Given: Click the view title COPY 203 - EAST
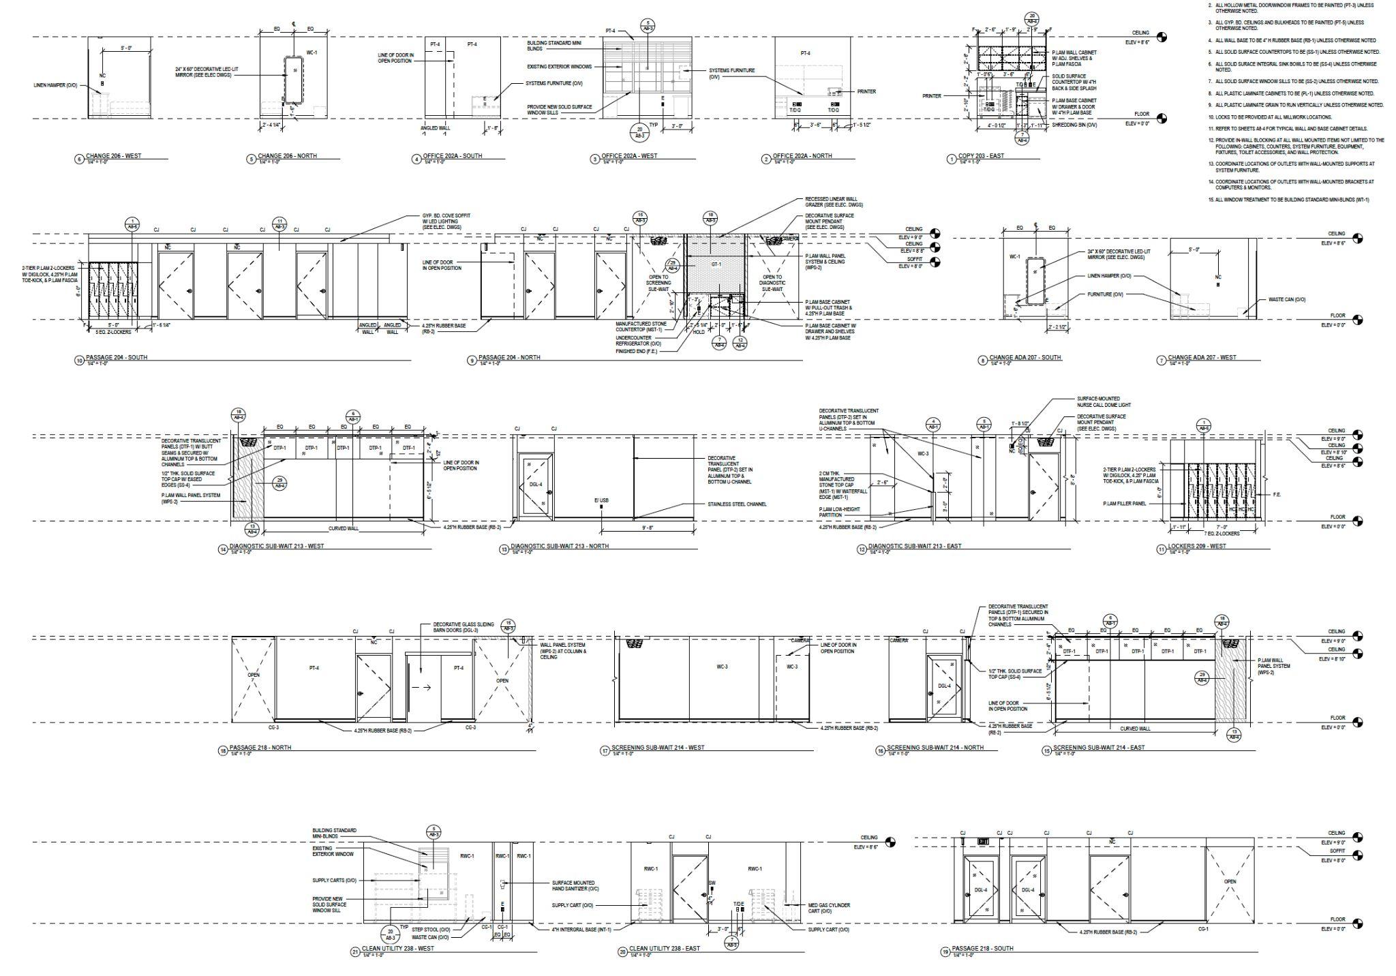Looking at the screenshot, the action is [981, 156].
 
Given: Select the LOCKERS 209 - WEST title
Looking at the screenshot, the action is [1198, 547].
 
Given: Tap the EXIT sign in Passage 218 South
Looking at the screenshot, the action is [983, 842].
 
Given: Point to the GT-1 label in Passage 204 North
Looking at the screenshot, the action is [716, 264].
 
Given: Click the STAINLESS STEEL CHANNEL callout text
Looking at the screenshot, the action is [737, 504].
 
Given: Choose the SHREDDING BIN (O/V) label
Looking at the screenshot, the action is [1074, 125].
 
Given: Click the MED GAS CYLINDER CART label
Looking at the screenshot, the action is [829, 908].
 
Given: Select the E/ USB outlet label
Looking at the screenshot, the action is [601, 501].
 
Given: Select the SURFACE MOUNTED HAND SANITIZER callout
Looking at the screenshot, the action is [575, 885].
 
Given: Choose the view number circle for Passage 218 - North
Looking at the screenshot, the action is [222, 751].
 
